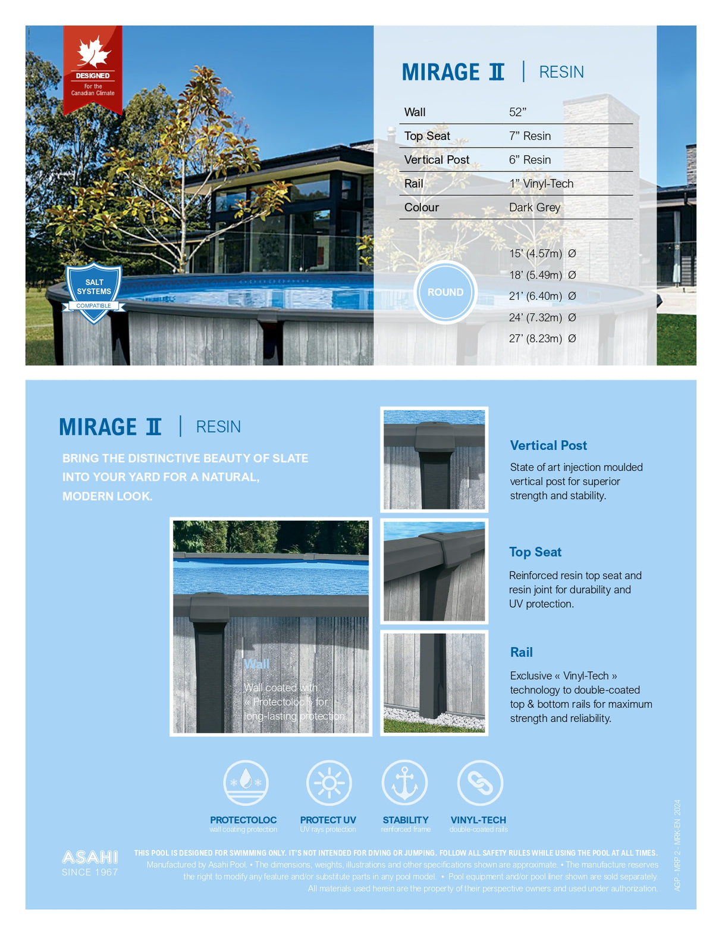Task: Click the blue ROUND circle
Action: pos(445,292)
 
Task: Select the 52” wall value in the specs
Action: pos(517,112)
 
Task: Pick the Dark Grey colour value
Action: pos(534,207)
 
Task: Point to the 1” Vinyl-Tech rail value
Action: pos(541,183)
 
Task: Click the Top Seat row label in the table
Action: pos(427,136)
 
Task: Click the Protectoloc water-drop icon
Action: pos(246,783)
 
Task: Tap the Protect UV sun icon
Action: pos(328,783)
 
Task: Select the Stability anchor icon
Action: pos(404,783)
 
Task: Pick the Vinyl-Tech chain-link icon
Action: pos(479,783)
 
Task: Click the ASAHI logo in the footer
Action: pos(90,857)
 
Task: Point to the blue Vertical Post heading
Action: pos(548,445)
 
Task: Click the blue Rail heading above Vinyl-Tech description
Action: pos(521,652)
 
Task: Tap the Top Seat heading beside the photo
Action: pos(535,552)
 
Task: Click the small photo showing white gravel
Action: pos(434,683)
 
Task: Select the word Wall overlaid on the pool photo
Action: pos(256,664)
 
